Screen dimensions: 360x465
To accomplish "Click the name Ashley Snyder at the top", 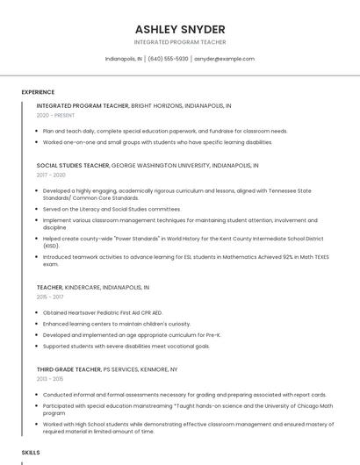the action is pyautogui.click(x=180, y=29).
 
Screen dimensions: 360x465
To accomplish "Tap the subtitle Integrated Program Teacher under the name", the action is pyautogui.click(x=180, y=42).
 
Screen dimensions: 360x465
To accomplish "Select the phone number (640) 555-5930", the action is pyautogui.click(x=168, y=59).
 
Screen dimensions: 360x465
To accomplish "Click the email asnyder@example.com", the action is pyautogui.click(x=225, y=59).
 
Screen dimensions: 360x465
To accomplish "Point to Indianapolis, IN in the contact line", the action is pyautogui.click(x=123, y=59).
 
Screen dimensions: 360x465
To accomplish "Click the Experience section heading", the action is pyautogui.click(x=38, y=92).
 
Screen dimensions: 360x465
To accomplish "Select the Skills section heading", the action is pyautogui.click(x=31, y=452).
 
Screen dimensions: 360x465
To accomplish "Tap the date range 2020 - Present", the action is pyautogui.click(x=55, y=115).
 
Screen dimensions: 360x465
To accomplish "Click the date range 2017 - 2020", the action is pyautogui.click(x=51, y=175).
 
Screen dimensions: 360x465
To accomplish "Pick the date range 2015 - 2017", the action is pyautogui.click(x=51, y=297).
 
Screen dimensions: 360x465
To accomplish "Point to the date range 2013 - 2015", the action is pyautogui.click(x=51, y=379).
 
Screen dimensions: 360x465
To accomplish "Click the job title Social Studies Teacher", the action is pyautogui.click(x=73, y=165).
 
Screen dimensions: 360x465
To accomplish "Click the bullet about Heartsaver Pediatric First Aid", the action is pyautogui.click(x=103, y=312).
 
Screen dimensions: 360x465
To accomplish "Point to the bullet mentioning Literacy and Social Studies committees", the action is pyautogui.click(x=112, y=209).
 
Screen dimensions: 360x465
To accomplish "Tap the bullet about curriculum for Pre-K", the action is pyautogui.click(x=132, y=334).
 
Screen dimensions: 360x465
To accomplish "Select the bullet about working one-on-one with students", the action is pyautogui.click(x=157, y=141).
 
